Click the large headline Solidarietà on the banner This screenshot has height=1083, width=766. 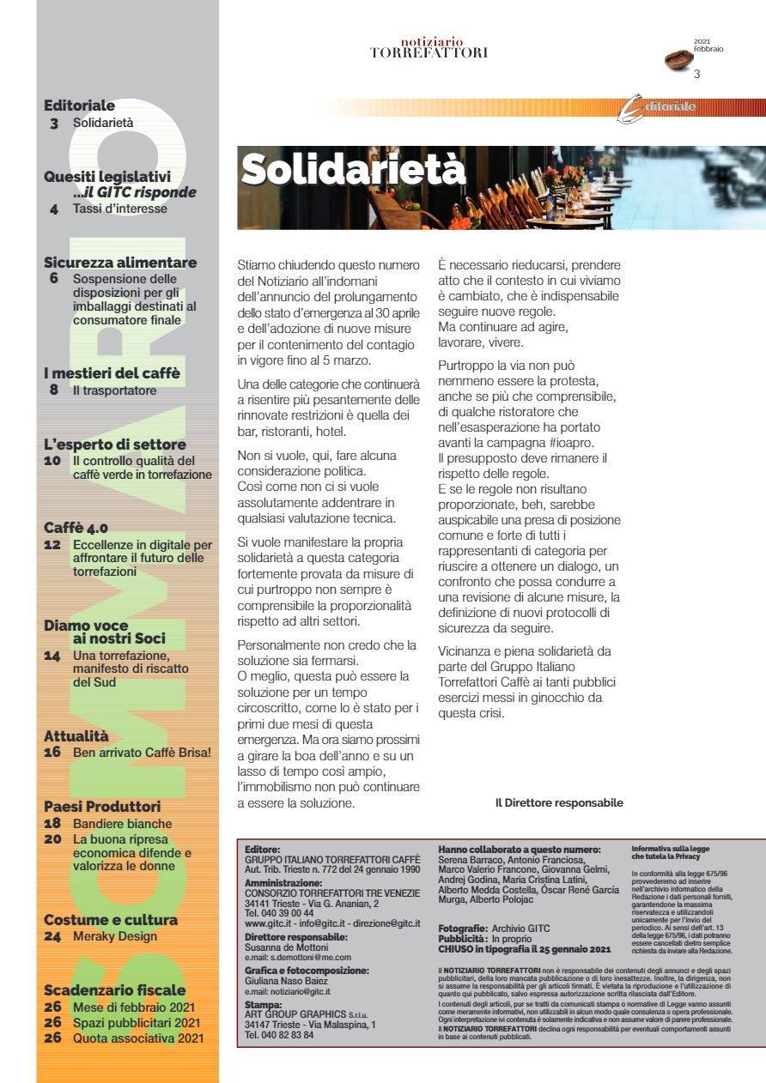tap(353, 170)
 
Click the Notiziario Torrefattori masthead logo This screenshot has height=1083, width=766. tap(429, 48)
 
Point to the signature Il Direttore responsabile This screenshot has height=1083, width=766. tap(558, 803)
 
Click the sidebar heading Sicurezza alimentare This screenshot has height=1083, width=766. tap(120, 263)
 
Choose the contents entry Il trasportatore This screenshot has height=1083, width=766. tap(115, 390)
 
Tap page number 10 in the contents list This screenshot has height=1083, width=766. tap(52, 461)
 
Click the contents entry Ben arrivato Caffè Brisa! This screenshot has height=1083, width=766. tap(142, 753)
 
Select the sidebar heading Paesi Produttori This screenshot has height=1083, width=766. tap(102, 807)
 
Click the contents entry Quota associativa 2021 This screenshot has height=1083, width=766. tap(138, 1038)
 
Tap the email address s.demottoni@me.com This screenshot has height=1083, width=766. tap(287, 956)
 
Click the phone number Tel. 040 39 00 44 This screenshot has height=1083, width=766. tap(279, 913)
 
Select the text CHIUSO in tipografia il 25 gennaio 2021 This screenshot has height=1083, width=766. tap(524, 949)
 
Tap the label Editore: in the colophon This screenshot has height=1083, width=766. tap(262, 849)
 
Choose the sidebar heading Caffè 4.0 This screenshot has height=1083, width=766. tap(76, 528)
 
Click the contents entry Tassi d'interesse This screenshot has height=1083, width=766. tap(120, 209)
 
